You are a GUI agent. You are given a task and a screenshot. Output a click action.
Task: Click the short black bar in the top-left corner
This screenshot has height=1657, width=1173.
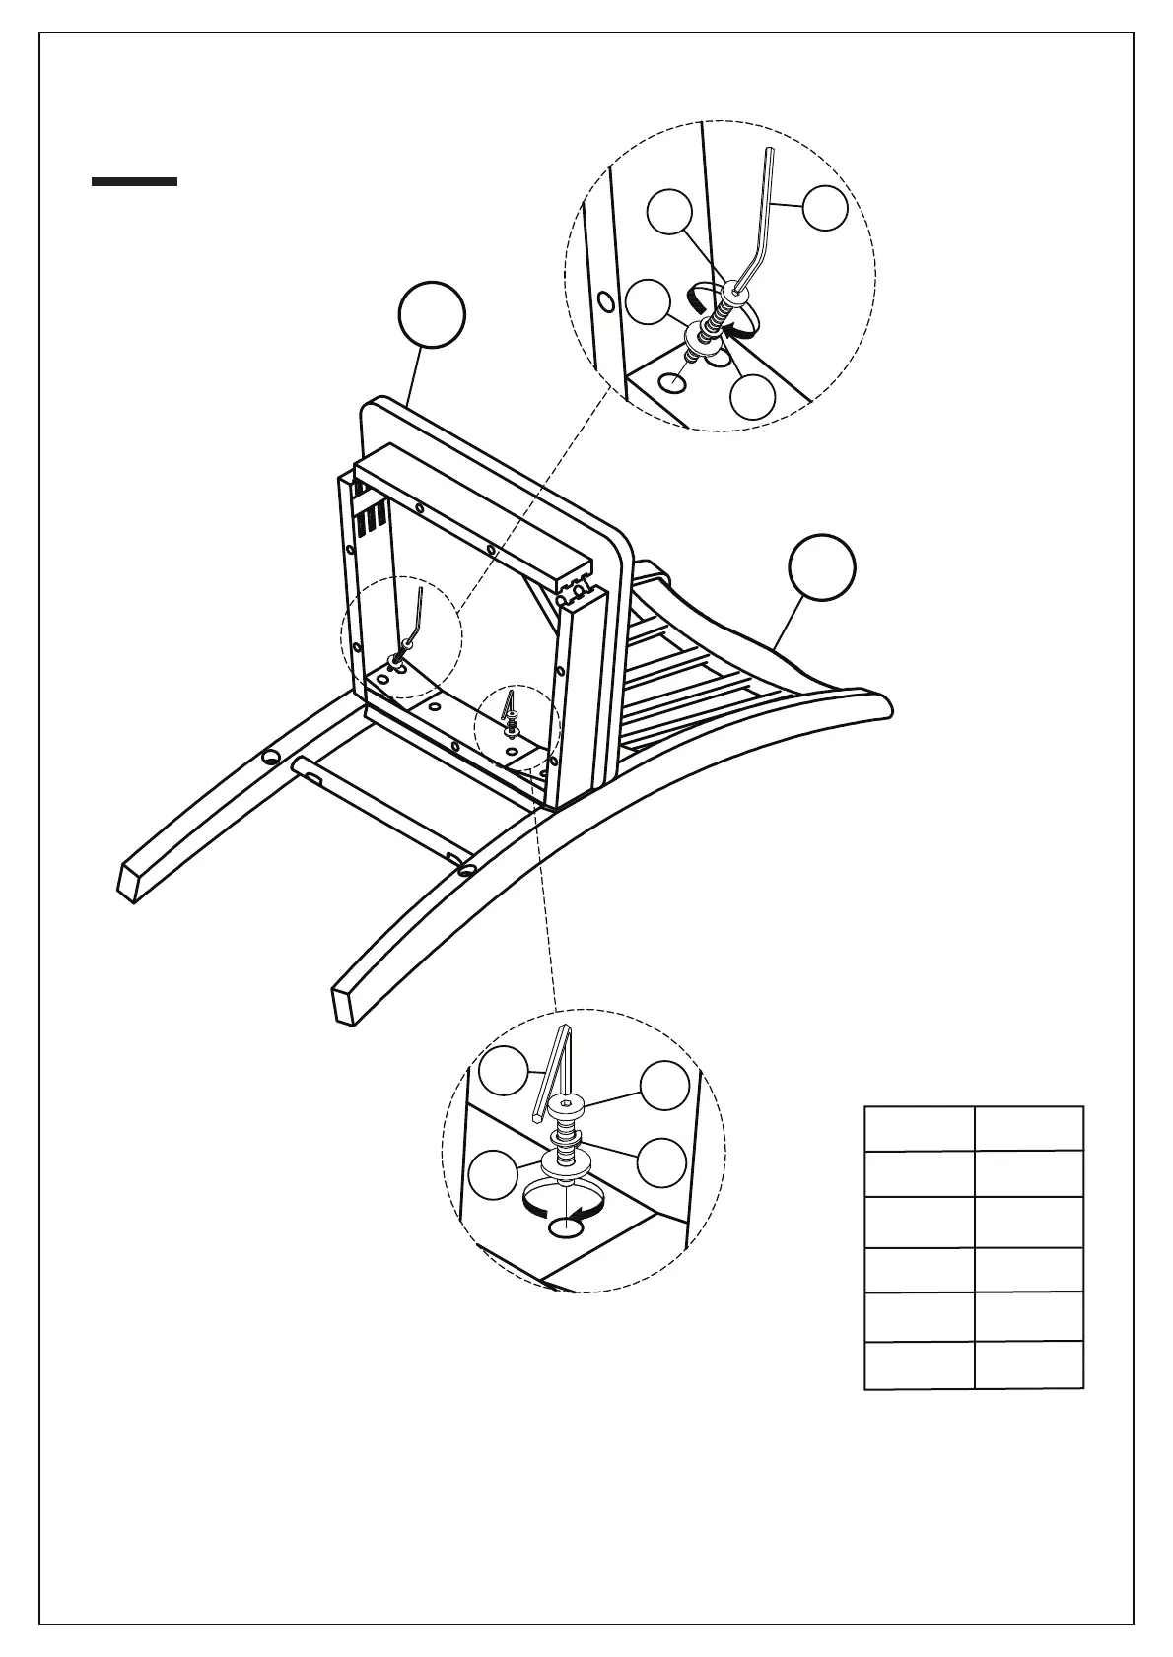pos(134,181)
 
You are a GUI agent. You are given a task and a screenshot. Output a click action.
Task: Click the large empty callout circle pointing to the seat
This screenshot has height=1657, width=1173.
pos(432,315)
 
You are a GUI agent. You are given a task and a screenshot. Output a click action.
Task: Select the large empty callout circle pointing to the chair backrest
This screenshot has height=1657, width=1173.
pos(822,566)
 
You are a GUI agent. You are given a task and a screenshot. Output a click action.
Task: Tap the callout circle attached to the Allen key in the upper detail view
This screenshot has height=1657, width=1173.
pos(824,208)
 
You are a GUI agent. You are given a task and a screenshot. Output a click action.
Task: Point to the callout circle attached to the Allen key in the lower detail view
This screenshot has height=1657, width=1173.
pos(504,1071)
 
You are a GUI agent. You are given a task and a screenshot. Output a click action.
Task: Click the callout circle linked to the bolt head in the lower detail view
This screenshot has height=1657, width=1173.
pos(664,1086)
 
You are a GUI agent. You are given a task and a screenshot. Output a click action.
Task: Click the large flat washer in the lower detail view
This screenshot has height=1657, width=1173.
pos(566,1162)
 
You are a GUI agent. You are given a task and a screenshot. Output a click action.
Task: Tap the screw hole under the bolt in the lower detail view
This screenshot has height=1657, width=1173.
pos(568,1227)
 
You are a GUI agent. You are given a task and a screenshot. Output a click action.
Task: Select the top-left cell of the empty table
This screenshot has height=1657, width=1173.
pos(919,1128)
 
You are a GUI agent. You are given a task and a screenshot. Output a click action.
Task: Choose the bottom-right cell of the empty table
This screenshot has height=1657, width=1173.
pos(1029,1364)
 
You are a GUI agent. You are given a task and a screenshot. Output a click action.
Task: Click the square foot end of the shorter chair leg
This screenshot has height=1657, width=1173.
pos(126,882)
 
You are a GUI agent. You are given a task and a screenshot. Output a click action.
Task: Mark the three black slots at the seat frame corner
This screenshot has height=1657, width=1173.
pos(371,518)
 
